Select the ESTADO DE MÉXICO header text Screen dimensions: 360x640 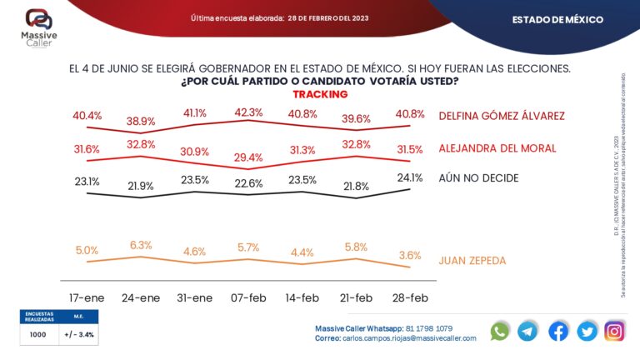557,19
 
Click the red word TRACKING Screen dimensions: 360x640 319,94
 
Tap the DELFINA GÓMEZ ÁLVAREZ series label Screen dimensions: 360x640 501,116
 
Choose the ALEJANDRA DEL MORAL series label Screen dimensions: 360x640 497,149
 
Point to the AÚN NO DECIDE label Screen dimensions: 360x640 478,178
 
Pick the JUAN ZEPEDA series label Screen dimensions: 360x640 472,261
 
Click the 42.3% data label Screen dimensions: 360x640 249,112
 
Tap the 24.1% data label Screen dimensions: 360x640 409,177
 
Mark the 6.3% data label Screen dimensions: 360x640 141,245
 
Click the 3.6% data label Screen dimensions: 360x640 409,255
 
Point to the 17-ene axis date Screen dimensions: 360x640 87,297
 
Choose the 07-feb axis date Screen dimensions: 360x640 248,297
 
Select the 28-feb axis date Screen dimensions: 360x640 409,297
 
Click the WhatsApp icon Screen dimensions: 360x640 500,331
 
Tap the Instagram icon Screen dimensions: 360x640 614,331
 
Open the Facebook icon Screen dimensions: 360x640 558,331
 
